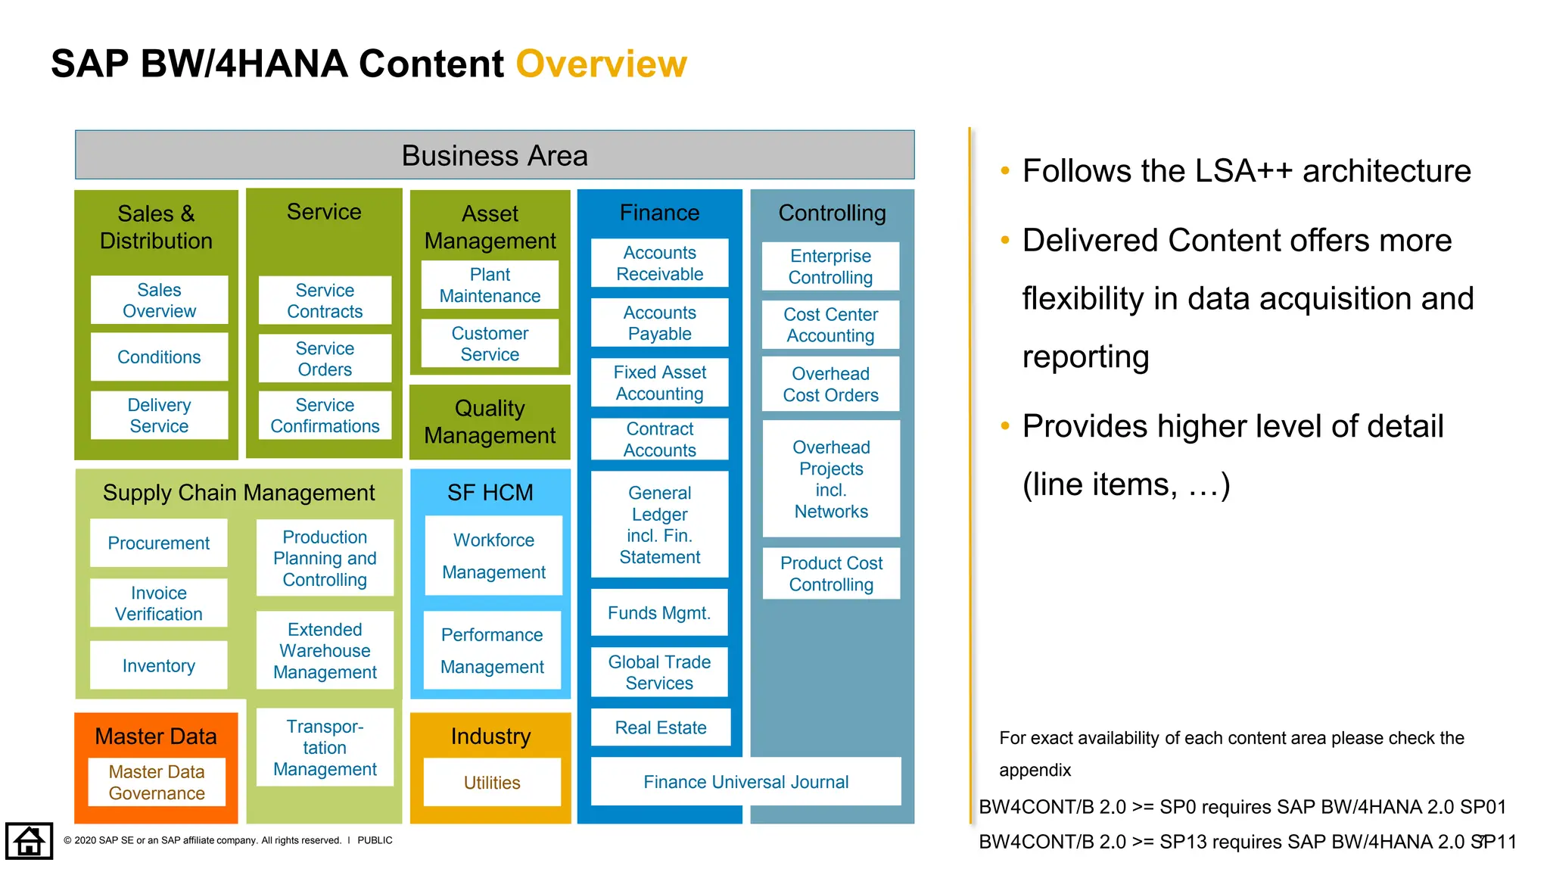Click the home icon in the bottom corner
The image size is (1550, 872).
tap(29, 841)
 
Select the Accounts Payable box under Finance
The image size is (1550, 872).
tap(659, 323)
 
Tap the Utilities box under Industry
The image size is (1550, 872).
tap(492, 783)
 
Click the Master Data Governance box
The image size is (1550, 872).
tap(157, 783)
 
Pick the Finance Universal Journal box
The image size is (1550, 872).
tap(745, 782)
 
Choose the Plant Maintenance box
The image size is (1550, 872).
tap(490, 285)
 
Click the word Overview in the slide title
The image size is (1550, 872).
tap(601, 64)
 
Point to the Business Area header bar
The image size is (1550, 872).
tap(494, 155)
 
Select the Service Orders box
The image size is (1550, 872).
tap(325, 359)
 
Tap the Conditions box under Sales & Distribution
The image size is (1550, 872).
tap(159, 357)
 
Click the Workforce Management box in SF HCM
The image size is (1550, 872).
tap(493, 556)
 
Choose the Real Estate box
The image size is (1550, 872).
tap(660, 727)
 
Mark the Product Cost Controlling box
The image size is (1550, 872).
tap(831, 574)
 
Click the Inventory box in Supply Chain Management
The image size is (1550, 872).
tap(159, 665)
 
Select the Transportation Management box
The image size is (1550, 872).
tap(325, 747)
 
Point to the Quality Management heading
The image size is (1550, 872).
tap(490, 422)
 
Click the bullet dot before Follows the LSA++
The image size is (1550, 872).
tap(1005, 171)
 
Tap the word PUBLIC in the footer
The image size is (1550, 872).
tap(375, 840)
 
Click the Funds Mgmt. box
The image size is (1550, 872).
tap(659, 612)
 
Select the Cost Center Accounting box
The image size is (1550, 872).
tap(830, 325)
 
